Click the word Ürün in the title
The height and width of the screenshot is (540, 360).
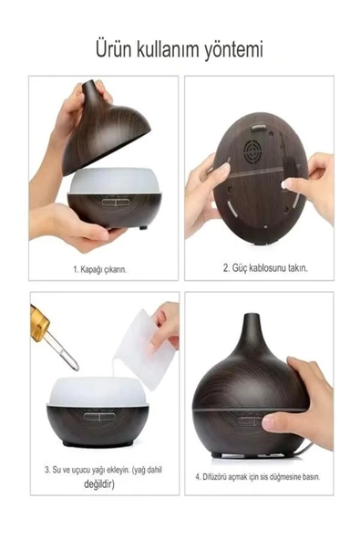[114, 48]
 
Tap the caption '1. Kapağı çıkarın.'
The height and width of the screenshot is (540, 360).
[100, 269]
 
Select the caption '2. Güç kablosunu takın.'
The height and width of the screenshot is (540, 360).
[265, 268]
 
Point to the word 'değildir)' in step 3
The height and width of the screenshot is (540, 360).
[99, 484]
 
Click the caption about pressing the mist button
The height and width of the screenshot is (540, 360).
[258, 477]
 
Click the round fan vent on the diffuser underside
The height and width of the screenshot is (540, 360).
[254, 151]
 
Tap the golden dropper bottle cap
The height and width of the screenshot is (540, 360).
[38, 322]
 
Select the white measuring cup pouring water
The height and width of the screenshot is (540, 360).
[146, 349]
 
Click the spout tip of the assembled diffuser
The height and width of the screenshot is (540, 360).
[252, 315]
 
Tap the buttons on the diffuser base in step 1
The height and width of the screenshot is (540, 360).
[115, 202]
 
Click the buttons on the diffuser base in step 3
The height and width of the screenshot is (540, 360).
[99, 417]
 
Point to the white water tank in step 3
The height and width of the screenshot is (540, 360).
[98, 391]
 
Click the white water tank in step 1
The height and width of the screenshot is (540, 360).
[115, 182]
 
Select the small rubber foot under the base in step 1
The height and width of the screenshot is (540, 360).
[143, 228]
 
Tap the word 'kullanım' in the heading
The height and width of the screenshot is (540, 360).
[169, 48]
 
